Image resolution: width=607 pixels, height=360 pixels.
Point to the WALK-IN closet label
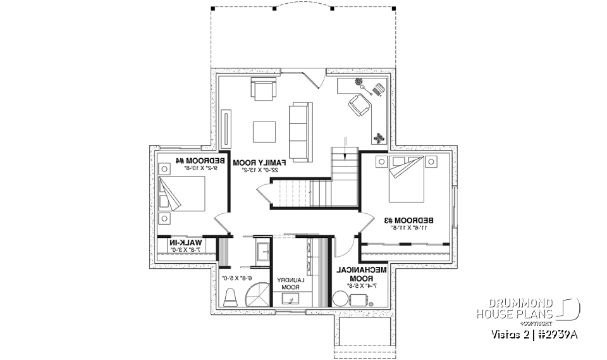point(184,245)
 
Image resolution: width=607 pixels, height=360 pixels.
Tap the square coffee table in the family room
point(264,132)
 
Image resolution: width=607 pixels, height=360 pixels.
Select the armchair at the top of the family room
point(264,89)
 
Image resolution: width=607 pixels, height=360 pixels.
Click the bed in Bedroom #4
point(181,194)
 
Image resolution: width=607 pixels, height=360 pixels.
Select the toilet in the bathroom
point(231,296)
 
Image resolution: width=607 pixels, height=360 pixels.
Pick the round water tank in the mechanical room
point(341,300)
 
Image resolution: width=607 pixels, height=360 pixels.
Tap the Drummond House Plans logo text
point(515,308)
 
